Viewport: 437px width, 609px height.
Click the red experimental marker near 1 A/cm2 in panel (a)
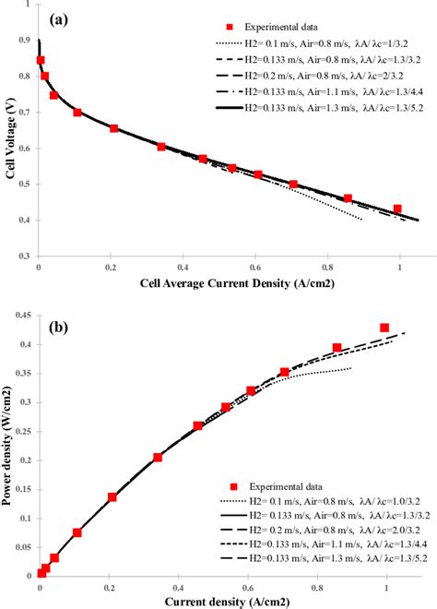coord(397,209)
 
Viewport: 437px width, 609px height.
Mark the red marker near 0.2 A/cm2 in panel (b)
coord(112,496)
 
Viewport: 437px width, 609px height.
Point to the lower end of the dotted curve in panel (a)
coord(361,220)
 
